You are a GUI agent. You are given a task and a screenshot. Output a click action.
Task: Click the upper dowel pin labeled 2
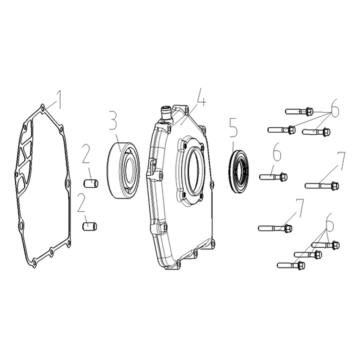point(91,184)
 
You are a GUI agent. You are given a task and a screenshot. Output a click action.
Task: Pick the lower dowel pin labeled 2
point(90,226)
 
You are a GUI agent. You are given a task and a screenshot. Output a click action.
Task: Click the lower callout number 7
point(299,208)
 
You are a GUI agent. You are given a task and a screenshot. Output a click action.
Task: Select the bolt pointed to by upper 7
point(322,186)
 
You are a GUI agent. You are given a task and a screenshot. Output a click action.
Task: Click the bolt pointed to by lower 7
point(275,228)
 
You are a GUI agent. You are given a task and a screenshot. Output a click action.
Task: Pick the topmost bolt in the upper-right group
point(299,112)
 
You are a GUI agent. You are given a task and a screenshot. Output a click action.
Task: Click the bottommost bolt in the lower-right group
point(291,266)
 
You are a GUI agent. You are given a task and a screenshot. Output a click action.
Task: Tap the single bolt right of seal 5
point(273,177)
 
